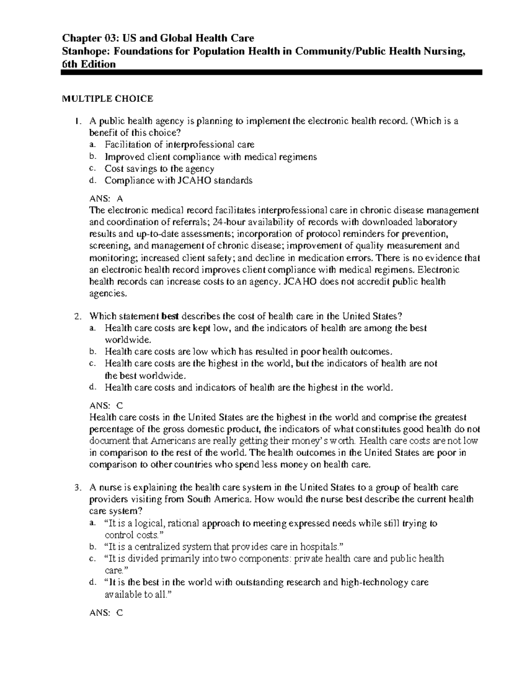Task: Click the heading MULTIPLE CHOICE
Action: pyautogui.click(x=107, y=99)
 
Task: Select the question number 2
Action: pyautogui.click(x=77, y=317)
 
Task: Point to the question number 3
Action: pyautogui.click(x=77, y=487)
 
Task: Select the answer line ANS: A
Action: pyautogui.click(x=106, y=198)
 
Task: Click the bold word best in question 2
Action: pyautogui.click(x=170, y=317)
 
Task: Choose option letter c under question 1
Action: pyautogui.click(x=91, y=169)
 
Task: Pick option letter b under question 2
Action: pyautogui.click(x=91, y=352)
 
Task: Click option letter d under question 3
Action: pyautogui.click(x=91, y=583)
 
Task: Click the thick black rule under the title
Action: pyautogui.click(x=271, y=72)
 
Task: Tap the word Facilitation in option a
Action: pyautogui.click(x=126, y=145)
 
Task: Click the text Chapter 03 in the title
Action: pyautogui.click(x=89, y=39)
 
